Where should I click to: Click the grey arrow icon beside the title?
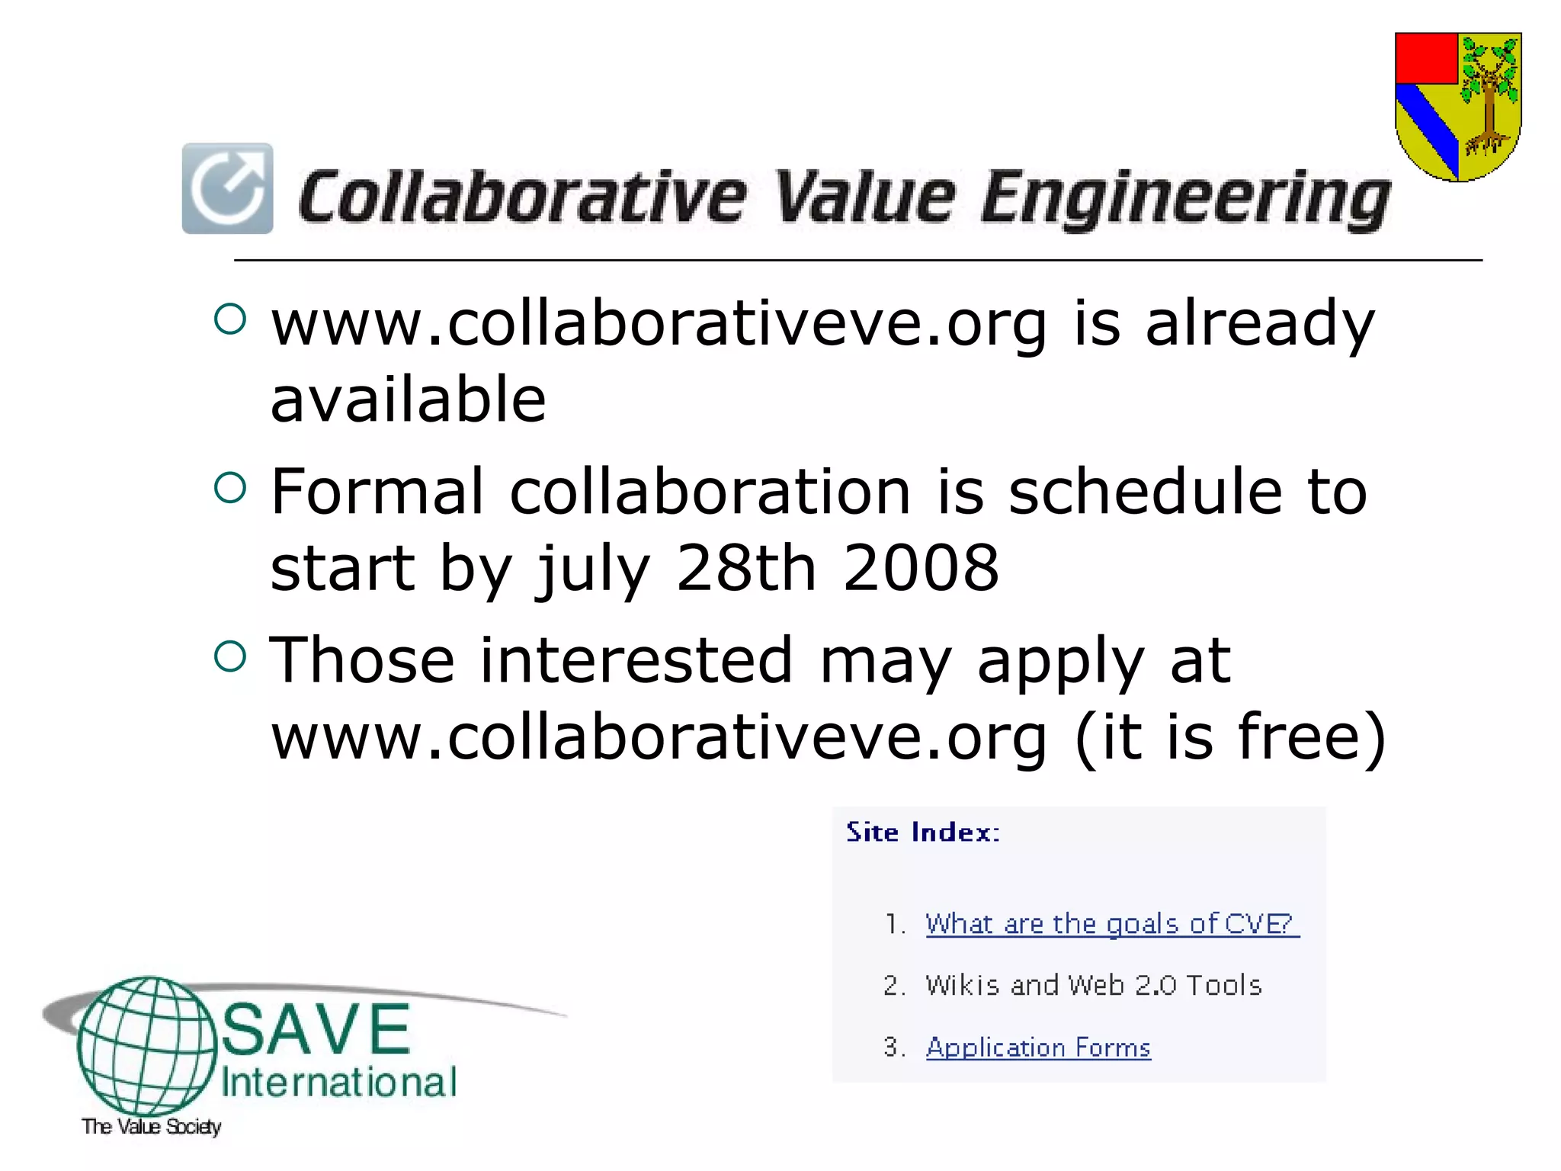(227, 188)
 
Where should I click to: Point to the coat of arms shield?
(1457, 107)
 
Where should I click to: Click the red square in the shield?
(1426, 58)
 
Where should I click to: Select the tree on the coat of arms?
(1489, 95)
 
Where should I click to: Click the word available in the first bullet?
(409, 399)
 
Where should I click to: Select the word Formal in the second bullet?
(377, 492)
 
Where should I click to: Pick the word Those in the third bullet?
(362, 659)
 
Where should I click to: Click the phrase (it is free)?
(1229, 736)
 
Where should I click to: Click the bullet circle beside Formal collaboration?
(230, 488)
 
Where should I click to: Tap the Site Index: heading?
(922, 832)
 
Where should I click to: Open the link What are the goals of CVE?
(1111, 924)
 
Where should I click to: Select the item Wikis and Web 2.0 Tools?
(1093, 985)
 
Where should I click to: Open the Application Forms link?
(1038, 1047)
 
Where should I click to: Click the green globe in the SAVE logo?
(146, 1046)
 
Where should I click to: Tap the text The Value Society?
(151, 1126)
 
